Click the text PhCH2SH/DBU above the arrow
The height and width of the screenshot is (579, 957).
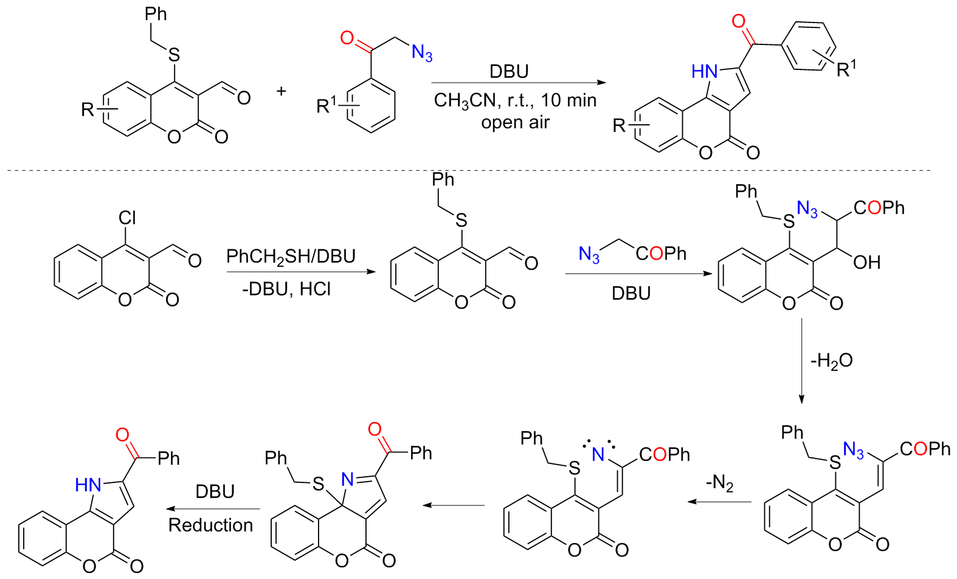click(291, 256)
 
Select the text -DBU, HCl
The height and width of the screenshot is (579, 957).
click(286, 288)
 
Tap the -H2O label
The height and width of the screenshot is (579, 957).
click(831, 361)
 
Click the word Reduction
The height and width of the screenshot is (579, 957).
click(210, 525)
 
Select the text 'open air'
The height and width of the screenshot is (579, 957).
click(515, 122)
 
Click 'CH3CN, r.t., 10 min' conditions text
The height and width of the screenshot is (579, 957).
click(515, 100)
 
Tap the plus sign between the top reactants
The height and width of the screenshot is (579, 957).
click(281, 91)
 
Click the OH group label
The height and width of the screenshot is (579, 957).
click(866, 263)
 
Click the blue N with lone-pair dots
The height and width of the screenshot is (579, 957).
click(598, 454)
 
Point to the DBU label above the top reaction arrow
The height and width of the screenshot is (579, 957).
click(509, 72)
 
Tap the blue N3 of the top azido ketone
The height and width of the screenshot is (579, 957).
click(422, 53)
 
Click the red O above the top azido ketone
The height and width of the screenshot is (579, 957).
click(347, 38)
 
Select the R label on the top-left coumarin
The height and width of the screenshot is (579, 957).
click(88, 109)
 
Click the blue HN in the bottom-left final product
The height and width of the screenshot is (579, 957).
click(88, 485)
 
